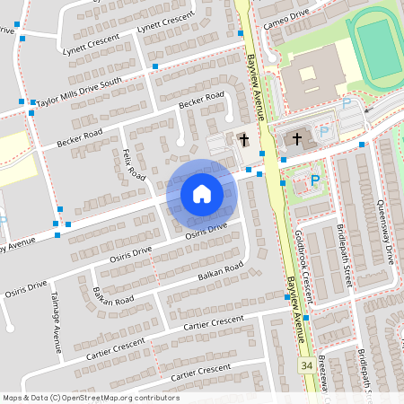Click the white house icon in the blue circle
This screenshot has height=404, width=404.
coord(201,194)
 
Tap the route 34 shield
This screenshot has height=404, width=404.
coord(307,366)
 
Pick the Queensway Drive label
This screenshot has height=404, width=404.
coord(385,231)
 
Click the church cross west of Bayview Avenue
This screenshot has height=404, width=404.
coord(243,140)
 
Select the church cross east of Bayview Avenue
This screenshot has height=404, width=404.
coord(298,139)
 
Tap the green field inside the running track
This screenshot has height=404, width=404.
coord(378,49)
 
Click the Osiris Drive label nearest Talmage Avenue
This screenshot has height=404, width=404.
coord(24,290)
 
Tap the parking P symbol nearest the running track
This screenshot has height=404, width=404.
coord(346,104)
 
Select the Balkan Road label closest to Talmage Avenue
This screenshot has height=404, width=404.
coord(113,295)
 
